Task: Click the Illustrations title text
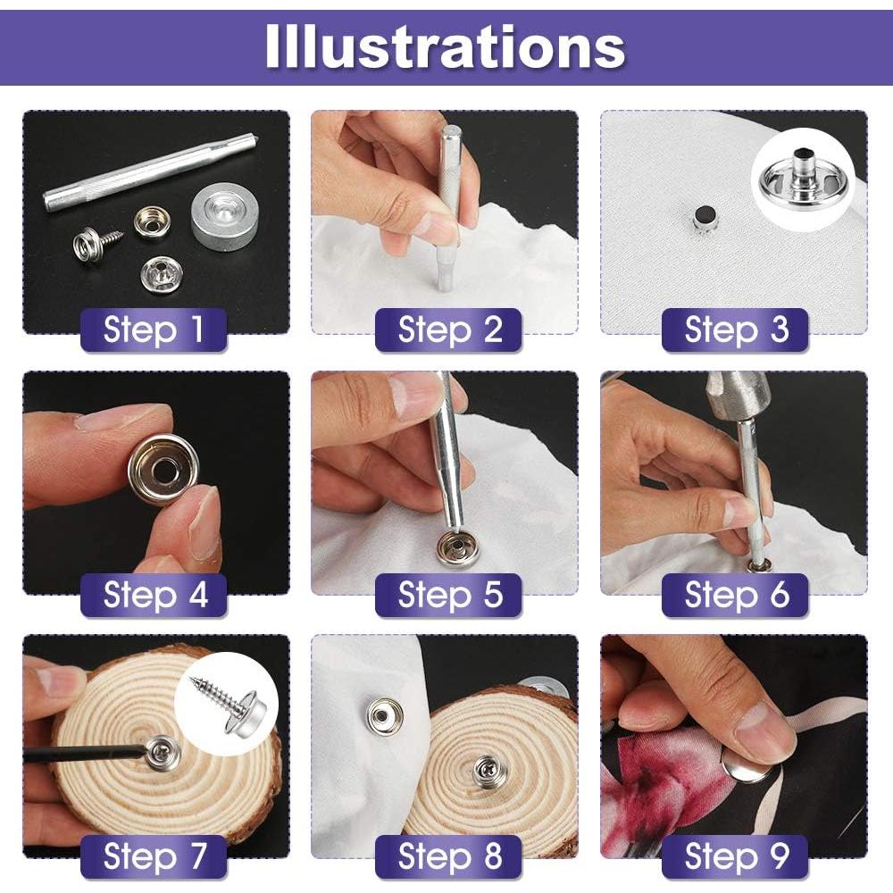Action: [x=445, y=46]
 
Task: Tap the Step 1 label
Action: [x=154, y=330]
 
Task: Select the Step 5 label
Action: [x=449, y=595]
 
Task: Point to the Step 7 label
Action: [x=154, y=856]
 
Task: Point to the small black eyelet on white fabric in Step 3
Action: [x=705, y=217]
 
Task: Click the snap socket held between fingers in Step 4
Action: [x=163, y=467]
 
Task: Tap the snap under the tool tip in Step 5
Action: [x=456, y=546]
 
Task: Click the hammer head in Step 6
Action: [x=738, y=394]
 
